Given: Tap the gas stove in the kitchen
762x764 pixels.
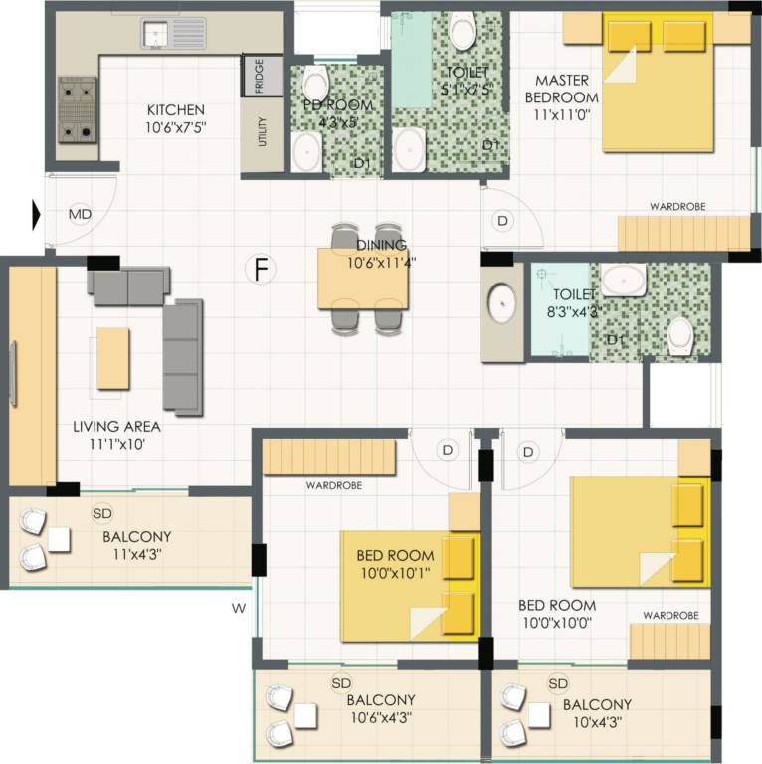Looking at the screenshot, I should pos(76,109).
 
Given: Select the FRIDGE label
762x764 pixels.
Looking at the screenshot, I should pos(259,77).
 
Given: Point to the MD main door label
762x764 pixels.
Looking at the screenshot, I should pos(80,213).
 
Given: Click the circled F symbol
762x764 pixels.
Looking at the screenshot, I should pos(262,270).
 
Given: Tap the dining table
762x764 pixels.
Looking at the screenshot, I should pos(363,278).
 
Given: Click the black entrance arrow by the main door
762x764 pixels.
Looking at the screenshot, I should pos(37,213).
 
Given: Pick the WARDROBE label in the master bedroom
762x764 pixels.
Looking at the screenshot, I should pos(677,207).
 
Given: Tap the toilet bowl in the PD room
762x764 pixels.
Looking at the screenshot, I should pos(315,84).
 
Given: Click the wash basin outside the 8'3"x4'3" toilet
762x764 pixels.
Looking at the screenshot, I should pos(502,299).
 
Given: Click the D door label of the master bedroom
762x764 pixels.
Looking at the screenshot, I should pos(502,220).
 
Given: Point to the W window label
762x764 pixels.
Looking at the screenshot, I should pos(238,607).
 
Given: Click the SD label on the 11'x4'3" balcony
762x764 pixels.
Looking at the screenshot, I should pos(101,513).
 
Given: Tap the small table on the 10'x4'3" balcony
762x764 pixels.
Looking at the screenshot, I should pos(540,715).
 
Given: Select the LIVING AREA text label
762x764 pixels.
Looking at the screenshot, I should pos(115,427).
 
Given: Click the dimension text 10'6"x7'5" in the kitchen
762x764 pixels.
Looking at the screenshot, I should pos(175,128).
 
